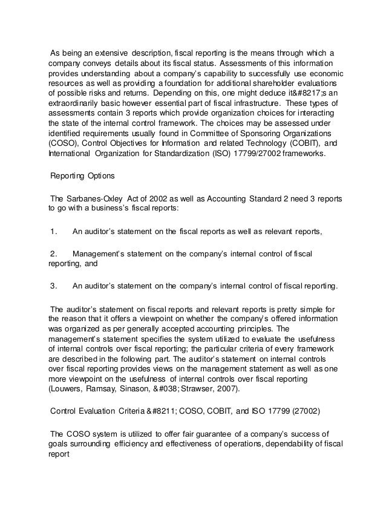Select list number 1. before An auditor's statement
coord(54,230)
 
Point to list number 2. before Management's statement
coord(54,254)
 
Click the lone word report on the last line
coord(59,454)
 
